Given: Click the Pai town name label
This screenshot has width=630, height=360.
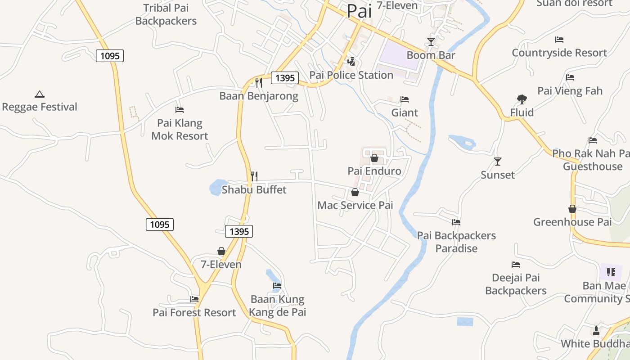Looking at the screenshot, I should (359, 11).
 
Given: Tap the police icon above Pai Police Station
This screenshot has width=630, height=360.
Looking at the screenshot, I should (351, 61).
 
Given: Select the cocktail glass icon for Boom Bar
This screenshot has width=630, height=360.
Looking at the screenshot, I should (431, 42).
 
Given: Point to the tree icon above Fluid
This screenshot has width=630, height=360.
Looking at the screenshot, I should (522, 99).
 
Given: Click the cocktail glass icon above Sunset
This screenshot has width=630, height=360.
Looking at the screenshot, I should (498, 161).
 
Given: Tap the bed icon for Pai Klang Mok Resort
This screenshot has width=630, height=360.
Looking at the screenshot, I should (180, 109).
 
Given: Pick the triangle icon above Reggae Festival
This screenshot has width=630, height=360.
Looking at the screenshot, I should (40, 94).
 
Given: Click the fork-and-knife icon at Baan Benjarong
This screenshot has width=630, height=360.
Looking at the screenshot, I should (258, 82).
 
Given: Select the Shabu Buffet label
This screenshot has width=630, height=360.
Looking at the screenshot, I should (254, 190).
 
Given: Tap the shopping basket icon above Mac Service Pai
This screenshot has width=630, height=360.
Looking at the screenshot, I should (355, 192).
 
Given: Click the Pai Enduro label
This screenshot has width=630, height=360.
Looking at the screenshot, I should (374, 171).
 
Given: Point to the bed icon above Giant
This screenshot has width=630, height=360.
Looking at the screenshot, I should (405, 99).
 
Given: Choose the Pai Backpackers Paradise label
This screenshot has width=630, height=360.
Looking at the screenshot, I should (456, 242).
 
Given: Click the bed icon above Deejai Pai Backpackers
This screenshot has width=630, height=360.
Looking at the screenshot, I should (516, 265).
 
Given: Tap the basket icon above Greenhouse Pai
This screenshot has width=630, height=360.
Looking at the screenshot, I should (572, 209).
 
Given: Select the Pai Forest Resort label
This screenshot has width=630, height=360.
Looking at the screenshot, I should (194, 313).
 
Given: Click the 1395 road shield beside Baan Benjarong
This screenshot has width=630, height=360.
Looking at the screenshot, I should (285, 78).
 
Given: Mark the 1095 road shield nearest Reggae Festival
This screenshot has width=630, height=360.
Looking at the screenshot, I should (110, 56).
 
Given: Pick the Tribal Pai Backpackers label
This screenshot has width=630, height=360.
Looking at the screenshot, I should (166, 14).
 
